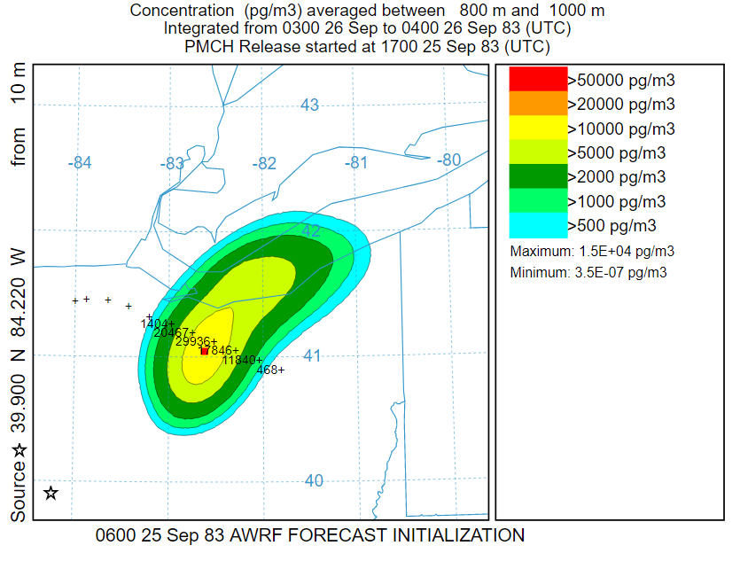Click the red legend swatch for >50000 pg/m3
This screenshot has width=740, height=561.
[x=537, y=80]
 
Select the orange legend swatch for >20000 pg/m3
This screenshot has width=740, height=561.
[x=537, y=104]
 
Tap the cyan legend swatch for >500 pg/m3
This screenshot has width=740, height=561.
[x=537, y=224]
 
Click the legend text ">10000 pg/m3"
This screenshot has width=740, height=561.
[x=620, y=129]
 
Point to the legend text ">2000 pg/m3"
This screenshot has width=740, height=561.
[x=617, y=176]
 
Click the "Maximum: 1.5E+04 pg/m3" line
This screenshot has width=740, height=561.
[x=593, y=252]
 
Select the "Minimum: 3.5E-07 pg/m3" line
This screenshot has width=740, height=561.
[x=588, y=272]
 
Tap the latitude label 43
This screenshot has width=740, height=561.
[x=309, y=105]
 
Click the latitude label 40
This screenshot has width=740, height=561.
[x=313, y=480]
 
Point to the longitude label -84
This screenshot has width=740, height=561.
[x=80, y=162]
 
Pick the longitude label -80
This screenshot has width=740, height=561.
[x=449, y=160]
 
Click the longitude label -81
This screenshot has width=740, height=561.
[x=355, y=163]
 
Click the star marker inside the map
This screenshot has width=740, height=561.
[x=51, y=493]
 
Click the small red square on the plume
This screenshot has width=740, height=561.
[x=205, y=351]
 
